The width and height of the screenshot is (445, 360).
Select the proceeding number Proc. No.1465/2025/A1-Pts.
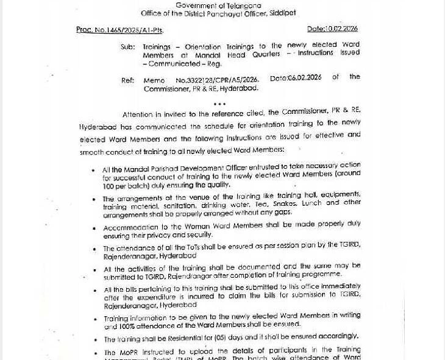pyautogui.click(x=120, y=29)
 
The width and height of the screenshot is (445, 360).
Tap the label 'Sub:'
pyautogui.click(x=127, y=46)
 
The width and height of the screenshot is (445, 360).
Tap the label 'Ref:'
pyautogui.click(x=127, y=80)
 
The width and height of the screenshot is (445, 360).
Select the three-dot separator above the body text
pyautogui.click(x=219, y=104)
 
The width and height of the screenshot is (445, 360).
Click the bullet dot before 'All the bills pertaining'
pyautogui.click(x=94, y=291)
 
